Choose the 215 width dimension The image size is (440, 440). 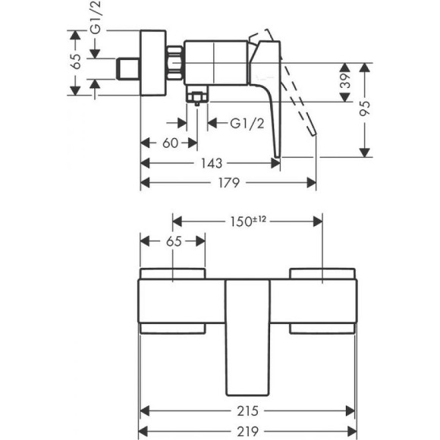tap(247, 410)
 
